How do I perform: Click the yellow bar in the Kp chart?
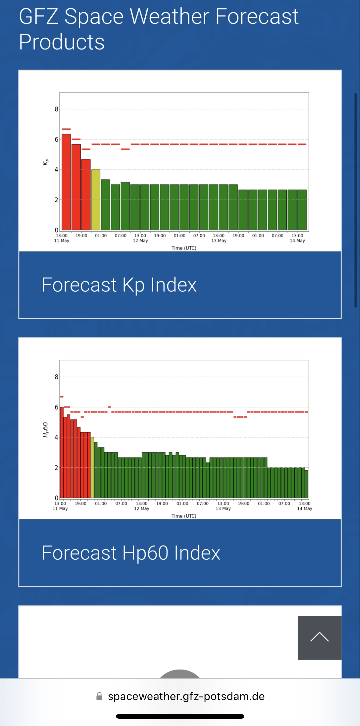coord(96,200)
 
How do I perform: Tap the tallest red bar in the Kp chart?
coord(66,182)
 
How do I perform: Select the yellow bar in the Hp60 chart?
coord(92,467)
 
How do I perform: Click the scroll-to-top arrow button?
coord(319,637)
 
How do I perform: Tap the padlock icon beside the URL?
coord(99,696)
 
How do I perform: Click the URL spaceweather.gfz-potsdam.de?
coord(186,696)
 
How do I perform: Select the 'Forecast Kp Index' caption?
coord(119,285)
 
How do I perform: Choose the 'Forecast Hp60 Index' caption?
coord(131,553)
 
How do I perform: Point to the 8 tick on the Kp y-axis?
coord(56,109)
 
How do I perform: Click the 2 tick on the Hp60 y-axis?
coord(56,468)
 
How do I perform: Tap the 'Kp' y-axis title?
coord(45,162)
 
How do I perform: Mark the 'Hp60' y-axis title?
coord(45,430)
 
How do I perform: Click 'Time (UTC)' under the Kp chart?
coord(184,248)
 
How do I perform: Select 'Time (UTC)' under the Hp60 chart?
coord(184,516)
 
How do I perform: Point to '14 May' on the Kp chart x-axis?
coord(297,241)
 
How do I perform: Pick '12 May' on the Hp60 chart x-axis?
coord(142,509)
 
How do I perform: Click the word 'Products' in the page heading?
coord(62,42)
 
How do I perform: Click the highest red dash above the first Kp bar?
coord(66,129)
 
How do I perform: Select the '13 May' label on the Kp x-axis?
coord(219,241)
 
